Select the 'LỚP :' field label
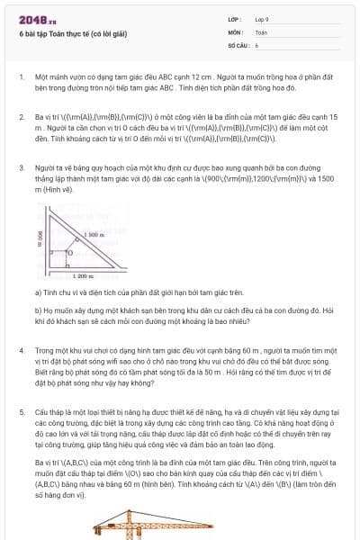click(x=237, y=19)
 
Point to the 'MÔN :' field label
click(x=237, y=31)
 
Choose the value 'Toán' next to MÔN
click(x=261, y=31)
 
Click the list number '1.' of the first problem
click(x=22, y=77)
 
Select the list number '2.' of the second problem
click(x=22, y=117)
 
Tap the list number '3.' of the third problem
click(x=22, y=167)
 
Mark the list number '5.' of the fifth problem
click(x=22, y=409)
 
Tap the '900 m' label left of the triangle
click(x=40, y=239)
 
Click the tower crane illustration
click(x=135, y=530)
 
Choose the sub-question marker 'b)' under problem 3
click(x=38, y=309)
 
